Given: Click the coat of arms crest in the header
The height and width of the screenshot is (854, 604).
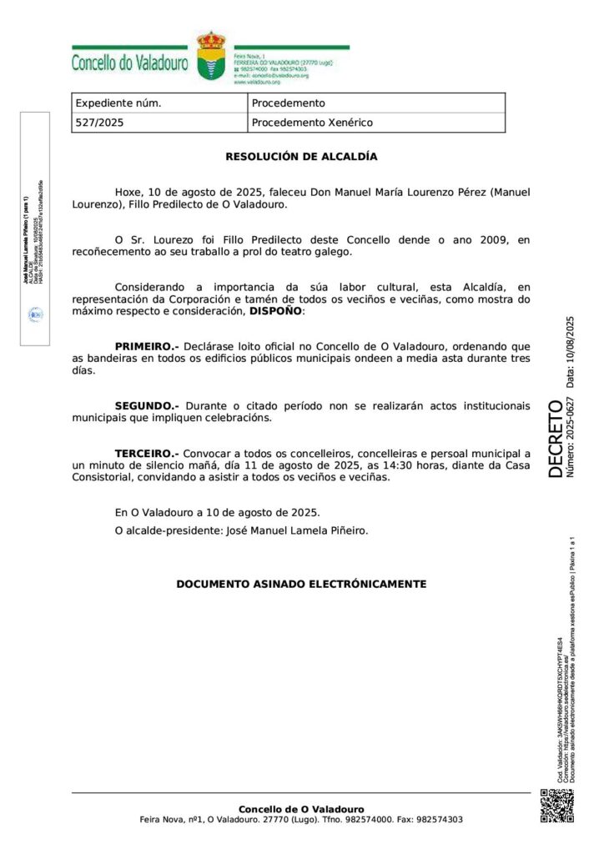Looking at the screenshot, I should coord(210,57).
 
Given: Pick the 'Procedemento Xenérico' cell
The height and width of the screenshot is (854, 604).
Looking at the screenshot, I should coord(312,123).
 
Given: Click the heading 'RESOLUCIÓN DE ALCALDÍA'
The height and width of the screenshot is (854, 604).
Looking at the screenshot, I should coord(301,156).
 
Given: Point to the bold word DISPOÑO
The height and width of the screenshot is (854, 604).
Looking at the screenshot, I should coord(276,310).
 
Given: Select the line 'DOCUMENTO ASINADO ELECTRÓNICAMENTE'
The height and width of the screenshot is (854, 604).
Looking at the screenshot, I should coord(301,584).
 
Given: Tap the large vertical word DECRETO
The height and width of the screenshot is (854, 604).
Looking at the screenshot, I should coord(556,439).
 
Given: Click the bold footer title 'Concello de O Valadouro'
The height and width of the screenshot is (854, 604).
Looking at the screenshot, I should coord(301,809).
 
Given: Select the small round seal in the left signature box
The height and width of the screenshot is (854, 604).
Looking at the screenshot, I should coord(36,314).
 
